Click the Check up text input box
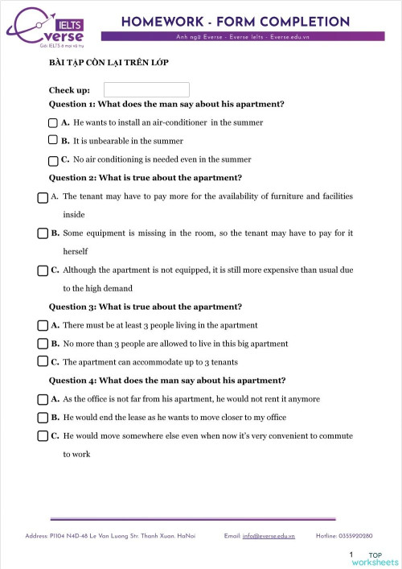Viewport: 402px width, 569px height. [146, 90]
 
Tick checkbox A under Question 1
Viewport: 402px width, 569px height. [54, 123]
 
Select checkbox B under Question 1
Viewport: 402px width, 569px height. [54, 140]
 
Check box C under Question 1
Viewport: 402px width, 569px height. [54, 160]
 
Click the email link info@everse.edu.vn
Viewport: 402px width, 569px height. [269, 535]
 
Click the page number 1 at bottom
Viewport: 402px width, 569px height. [351, 555]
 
